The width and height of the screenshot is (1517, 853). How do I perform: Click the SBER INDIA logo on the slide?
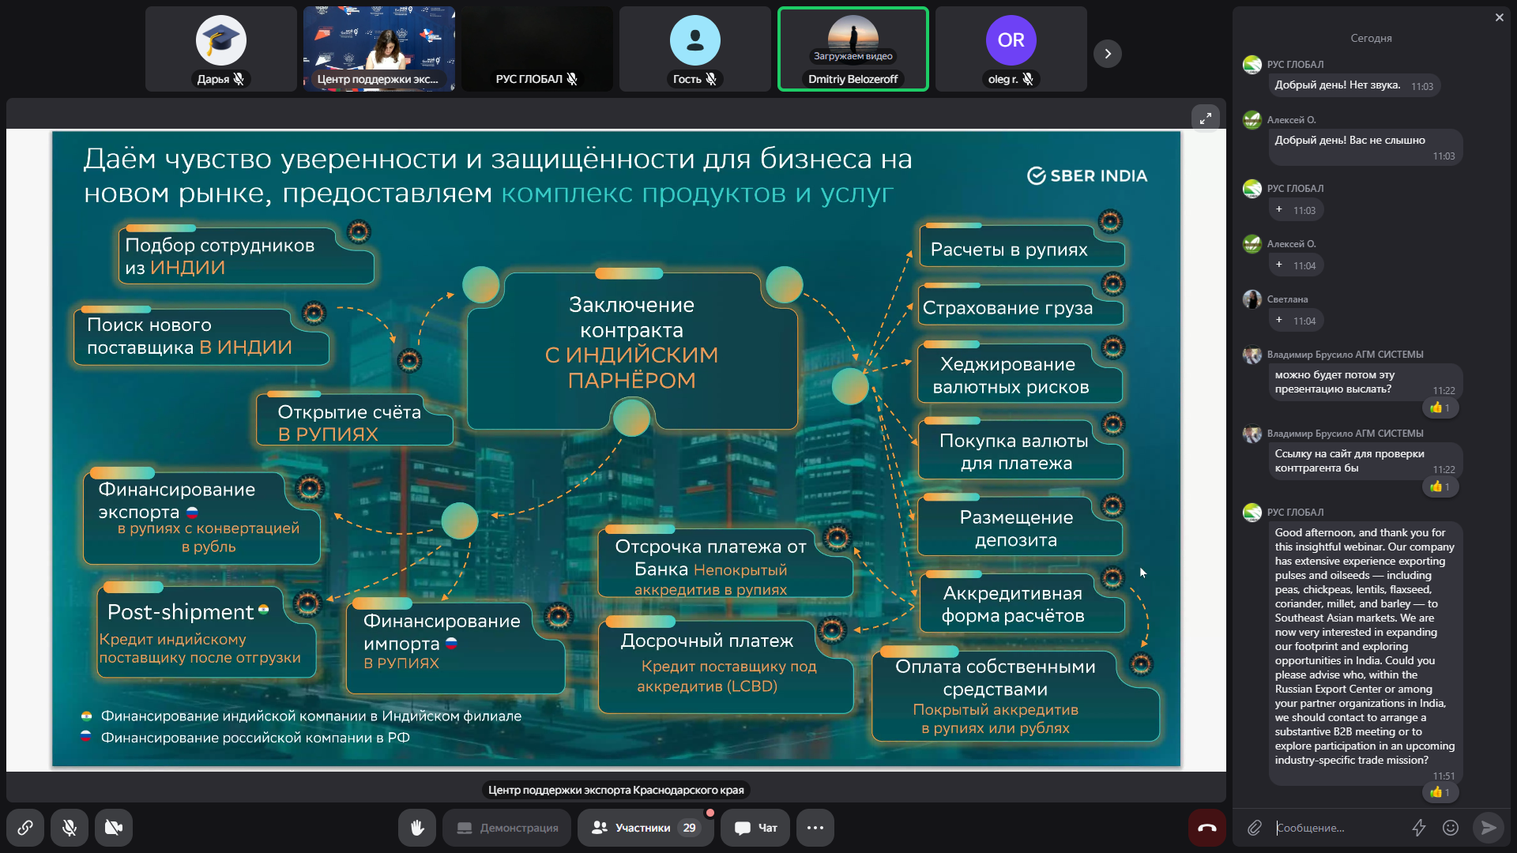tap(1087, 175)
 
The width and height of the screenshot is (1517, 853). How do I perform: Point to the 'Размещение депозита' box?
tap(1019, 526)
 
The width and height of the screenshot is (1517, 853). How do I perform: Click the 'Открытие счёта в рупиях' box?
tap(354, 419)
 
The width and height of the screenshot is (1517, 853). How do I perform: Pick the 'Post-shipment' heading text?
tap(180, 612)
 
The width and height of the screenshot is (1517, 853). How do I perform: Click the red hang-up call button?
tap(1206, 828)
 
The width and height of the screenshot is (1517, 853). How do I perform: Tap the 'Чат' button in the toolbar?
tap(755, 828)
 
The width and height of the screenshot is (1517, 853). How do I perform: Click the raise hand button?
tap(417, 828)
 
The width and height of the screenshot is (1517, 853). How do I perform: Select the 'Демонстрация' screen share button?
tap(507, 828)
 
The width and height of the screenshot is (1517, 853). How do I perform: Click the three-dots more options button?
tap(815, 828)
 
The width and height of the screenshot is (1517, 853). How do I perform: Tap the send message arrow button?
tap(1489, 828)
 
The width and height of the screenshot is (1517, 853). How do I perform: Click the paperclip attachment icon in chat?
tap(1255, 828)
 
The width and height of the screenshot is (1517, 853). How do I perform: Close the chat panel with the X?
tap(1499, 17)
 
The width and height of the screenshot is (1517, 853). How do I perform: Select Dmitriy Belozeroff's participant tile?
tap(853, 49)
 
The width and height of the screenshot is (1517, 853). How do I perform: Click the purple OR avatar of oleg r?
tap(1011, 40)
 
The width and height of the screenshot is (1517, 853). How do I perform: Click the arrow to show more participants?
tap(1108, 54)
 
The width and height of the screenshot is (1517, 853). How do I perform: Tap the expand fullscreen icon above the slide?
tap(1206, 118)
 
